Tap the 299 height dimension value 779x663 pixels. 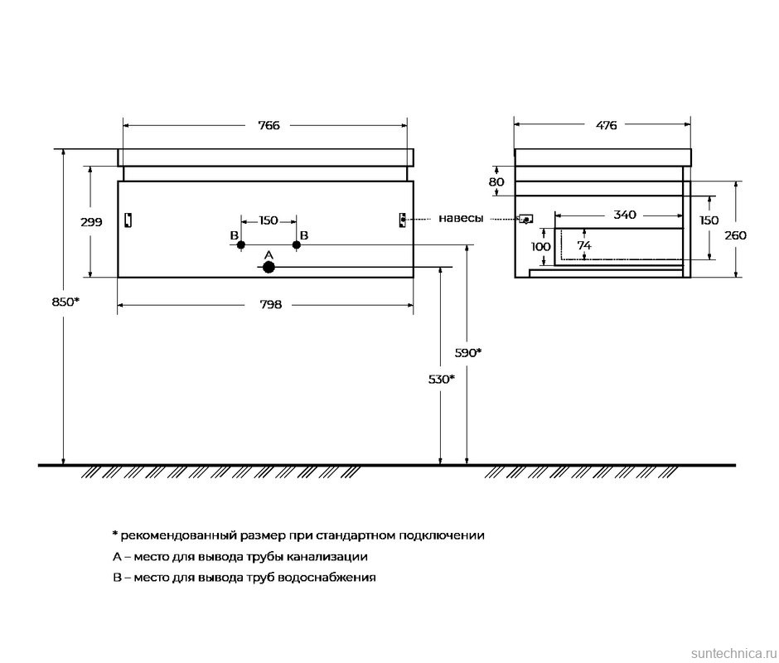(91, 222)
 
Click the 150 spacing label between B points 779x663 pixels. (269, 220)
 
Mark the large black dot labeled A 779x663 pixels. (269, 267)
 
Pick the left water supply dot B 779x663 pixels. (241, 244)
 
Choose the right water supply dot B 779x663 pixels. (296, 244)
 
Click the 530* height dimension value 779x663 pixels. (441, 379)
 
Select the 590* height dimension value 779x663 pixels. (468, 352)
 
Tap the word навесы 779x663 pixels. (461, 218)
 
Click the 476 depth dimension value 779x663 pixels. (606, 126)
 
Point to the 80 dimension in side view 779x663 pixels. (496, 181)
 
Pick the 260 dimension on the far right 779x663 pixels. (735, 235)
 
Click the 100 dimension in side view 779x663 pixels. (540, 246)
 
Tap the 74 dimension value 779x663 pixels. (584, 245)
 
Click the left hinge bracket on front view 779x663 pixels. (128, 220)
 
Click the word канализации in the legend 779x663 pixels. (327, 557)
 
